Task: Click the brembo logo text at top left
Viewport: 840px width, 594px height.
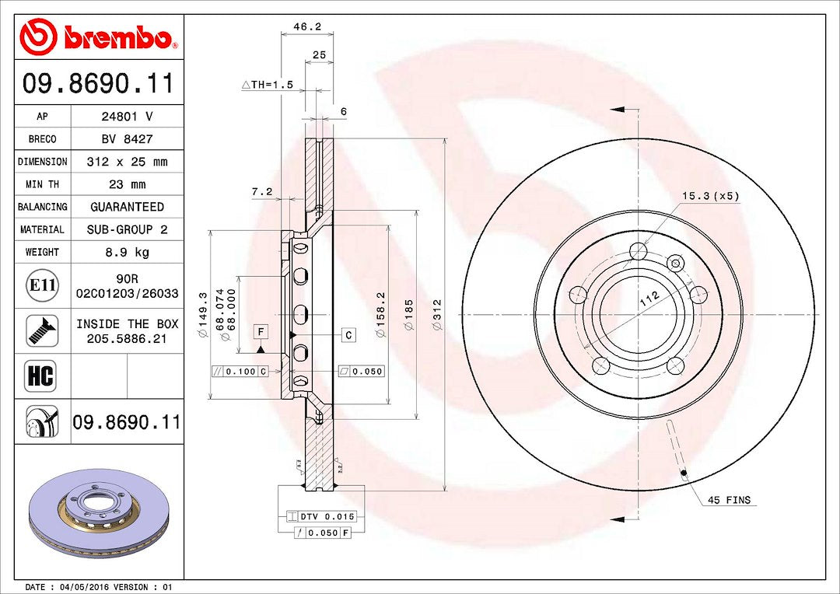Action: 117,37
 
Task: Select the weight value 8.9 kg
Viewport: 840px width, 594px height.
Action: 128,252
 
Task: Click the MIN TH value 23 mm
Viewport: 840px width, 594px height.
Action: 128,184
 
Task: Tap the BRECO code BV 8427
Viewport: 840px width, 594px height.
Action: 128,139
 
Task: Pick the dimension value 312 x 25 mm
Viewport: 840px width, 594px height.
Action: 128,162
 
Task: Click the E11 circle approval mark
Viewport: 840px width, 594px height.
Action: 42,285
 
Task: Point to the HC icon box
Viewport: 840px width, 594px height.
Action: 42,376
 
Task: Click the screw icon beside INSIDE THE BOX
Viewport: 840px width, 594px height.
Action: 42,330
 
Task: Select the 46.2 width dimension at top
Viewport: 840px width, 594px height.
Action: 306,26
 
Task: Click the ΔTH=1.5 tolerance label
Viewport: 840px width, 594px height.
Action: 267,85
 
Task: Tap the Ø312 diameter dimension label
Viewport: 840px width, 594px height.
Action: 437,315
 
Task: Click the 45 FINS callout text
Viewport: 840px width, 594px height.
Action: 729,500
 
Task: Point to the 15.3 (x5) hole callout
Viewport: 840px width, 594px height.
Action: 711,196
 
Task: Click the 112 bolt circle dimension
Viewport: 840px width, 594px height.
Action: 649,296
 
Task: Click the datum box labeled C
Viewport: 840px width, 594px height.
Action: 348,334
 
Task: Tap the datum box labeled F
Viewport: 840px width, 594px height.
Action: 261,332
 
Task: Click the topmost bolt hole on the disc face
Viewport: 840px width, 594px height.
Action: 639,251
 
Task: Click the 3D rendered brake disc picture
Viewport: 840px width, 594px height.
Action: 99,513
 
